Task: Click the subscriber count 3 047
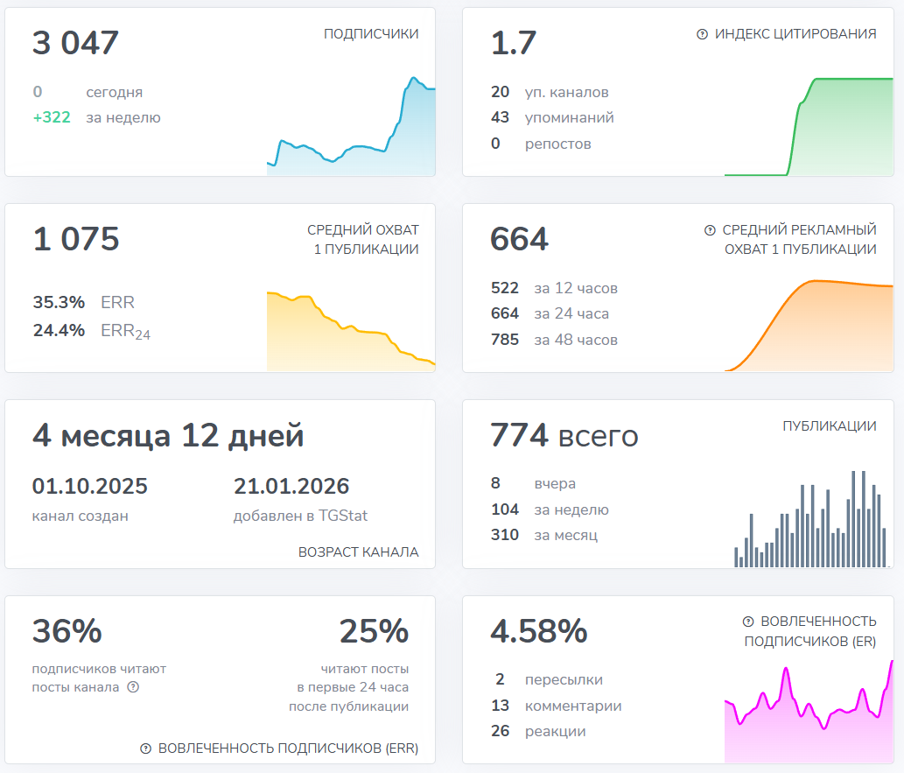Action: (75, 43)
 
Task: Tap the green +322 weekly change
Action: (52, 117)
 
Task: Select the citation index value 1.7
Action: (514, 43)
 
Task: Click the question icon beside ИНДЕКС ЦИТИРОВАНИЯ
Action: (702, 34)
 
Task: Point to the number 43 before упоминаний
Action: (501, 117)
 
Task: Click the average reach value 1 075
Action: (75, 239)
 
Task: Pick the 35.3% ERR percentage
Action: (59, 303)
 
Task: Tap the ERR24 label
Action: (126, 331)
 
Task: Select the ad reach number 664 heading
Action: (519, 239)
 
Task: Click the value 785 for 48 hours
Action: (505, 340)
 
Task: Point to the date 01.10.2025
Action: (90, 486)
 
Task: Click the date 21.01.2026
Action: (291, 486)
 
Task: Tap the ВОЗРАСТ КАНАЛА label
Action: (358, 552)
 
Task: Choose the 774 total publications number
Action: (519, 435)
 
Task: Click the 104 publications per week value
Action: (505, 509)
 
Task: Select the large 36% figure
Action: (67, 631)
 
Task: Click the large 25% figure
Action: (374, 631)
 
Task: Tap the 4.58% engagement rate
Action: (539, 631)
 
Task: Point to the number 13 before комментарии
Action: (501, 706)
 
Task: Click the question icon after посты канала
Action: (133, 687)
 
